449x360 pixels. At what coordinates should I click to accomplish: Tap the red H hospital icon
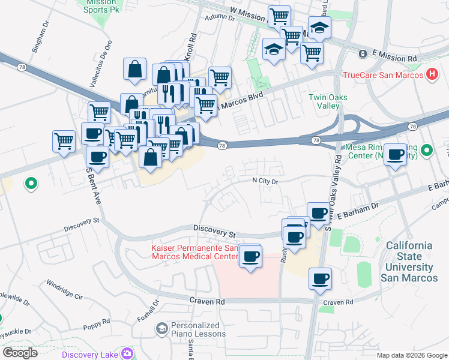pos(431,75)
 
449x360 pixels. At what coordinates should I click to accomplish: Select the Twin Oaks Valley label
pos(328,101)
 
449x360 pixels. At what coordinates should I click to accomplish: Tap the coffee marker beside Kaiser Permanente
pos(250,257)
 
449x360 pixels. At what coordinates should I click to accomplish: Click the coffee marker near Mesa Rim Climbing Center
pos(395,155)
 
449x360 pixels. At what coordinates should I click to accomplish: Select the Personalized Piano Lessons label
pos(198,329)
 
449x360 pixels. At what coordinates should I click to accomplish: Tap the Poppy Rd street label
pos(97,322)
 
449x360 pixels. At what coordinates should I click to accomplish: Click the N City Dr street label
pos(265,181)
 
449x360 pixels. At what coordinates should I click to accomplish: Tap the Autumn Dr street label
pos(219,18)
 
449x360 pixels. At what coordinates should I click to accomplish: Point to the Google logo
pos(20,352)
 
